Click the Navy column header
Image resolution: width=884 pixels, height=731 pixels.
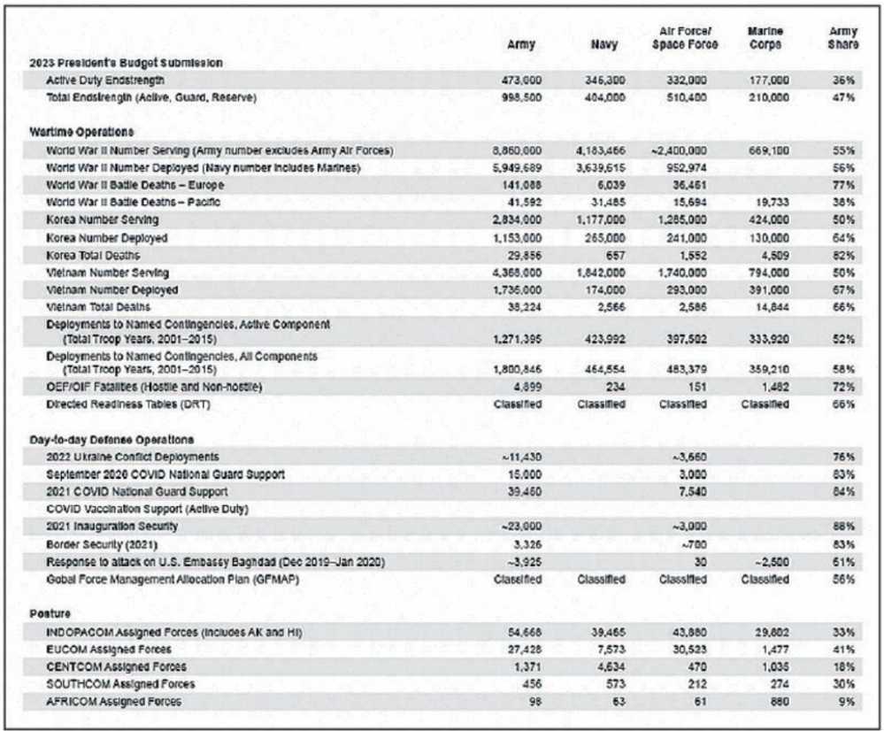point(606,44)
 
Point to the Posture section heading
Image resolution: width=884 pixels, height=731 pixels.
point(50,613)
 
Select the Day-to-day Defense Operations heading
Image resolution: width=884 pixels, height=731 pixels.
point(111,440)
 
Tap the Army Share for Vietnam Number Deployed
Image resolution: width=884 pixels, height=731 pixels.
point(842,290)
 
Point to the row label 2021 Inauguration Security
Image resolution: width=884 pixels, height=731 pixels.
point(112,527)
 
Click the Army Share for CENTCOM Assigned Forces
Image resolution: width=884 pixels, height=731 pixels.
point(842,666)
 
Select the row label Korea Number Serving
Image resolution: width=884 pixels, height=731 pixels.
point(103,219)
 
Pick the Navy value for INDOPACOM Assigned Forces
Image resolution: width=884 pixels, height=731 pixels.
point(606,632)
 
